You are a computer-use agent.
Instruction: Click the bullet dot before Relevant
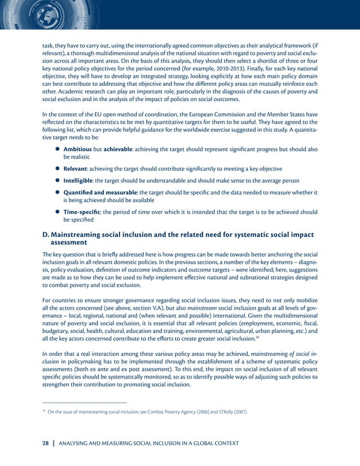(58, 169)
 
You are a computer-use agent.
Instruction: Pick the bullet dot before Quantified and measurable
(58, 192)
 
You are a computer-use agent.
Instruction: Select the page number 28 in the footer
(47, 443)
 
